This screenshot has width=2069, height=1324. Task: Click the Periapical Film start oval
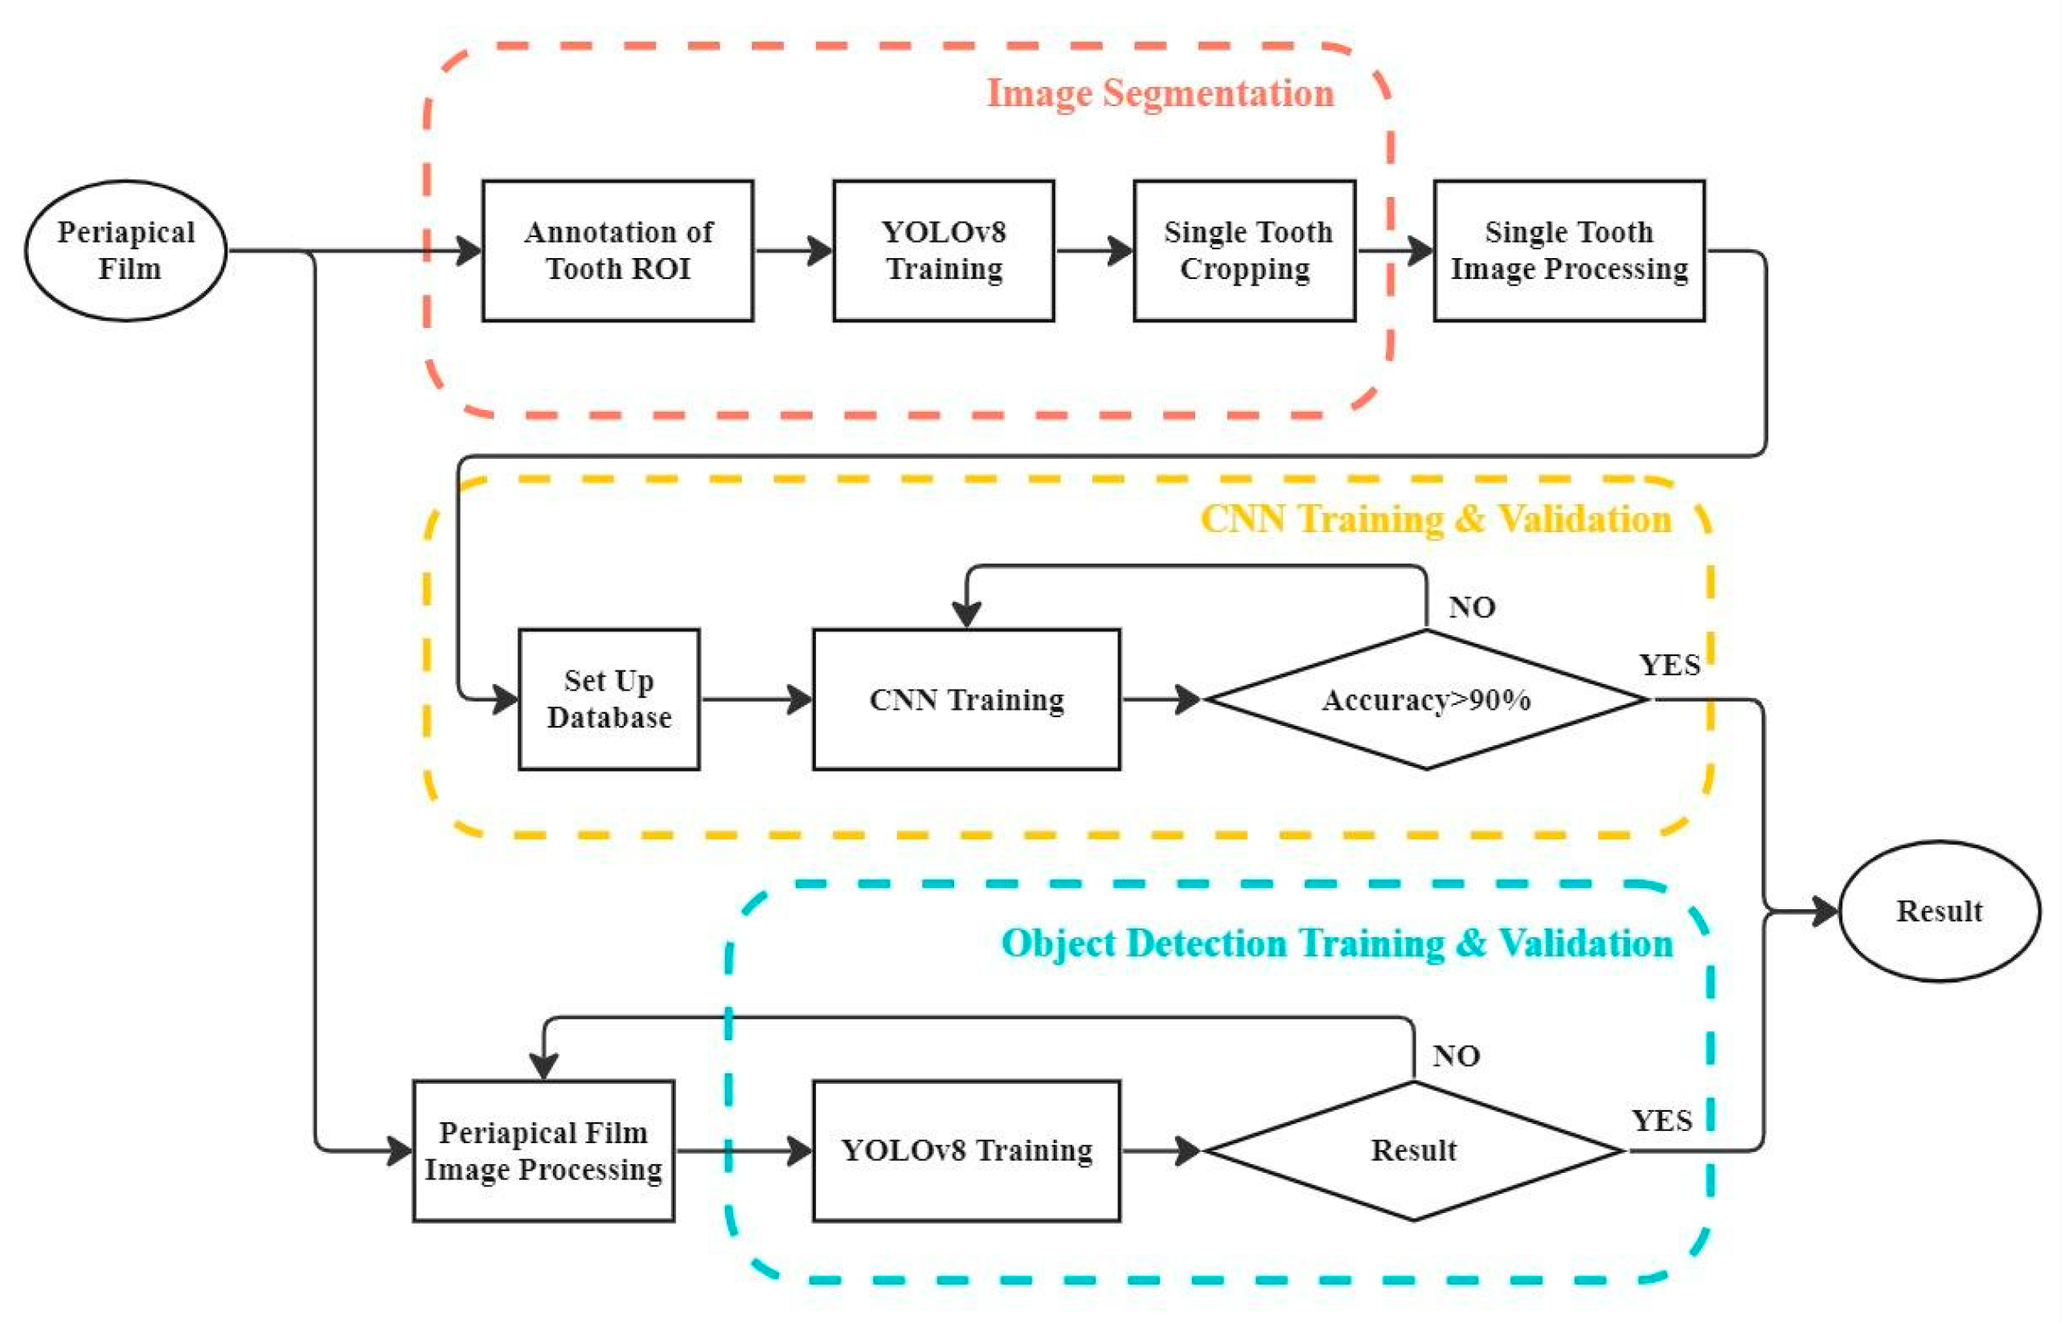click(126, 251)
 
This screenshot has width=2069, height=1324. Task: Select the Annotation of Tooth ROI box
click(618, 251)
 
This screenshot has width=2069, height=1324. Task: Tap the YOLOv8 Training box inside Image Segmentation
click(944, 251)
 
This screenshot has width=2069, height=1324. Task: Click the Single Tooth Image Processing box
click(1570, 251)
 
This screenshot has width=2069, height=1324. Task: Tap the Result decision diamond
click(1414, 1151)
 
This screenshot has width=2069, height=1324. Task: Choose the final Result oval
click(1940, 912)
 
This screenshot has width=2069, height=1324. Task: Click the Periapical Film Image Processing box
click(543, 1151)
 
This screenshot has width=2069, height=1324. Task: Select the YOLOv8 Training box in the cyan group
click(967, 1151)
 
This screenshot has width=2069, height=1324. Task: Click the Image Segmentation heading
click(1161, 93)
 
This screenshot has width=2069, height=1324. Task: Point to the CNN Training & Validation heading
click(1436, 519)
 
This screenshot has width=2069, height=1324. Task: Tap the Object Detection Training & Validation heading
click(1338, 943)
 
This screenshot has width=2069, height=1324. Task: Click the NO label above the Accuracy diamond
click(1473, 608)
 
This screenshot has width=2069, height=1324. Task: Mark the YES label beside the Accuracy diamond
click(1670, 666)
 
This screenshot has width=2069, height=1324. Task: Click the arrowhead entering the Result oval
click(1825, 912)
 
